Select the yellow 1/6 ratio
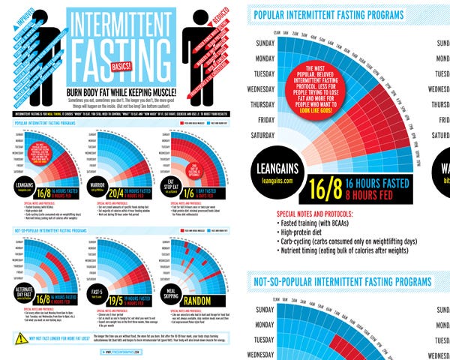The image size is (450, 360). point(181,193)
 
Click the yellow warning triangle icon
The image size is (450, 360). point(21,339)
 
